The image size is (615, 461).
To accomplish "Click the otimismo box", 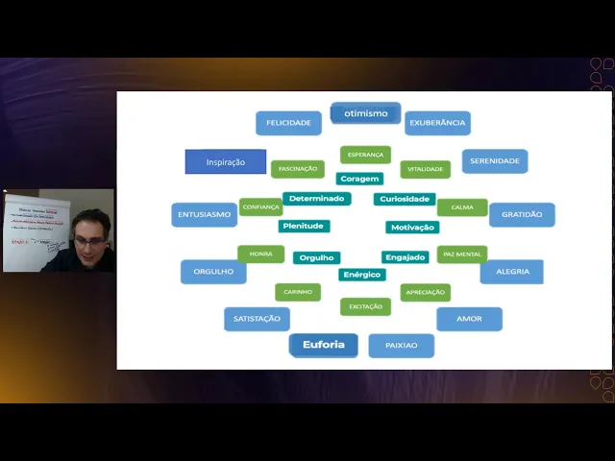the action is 365,113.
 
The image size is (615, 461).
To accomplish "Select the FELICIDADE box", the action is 288,123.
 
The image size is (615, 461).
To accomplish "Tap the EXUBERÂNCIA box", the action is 437,123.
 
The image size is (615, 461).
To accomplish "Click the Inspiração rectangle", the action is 226,162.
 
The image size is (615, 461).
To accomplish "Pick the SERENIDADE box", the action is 495,161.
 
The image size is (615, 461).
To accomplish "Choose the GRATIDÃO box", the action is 522,214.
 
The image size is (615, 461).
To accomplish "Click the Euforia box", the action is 324,345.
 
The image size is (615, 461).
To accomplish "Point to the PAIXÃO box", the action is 401,346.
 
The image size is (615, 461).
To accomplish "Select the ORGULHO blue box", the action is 213,272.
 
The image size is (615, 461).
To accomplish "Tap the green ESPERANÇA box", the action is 365,155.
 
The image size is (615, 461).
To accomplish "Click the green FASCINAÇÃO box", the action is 298,169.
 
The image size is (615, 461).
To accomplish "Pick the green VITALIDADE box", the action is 425,169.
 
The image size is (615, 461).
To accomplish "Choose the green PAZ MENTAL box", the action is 462,255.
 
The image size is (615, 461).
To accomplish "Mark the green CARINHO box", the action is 298,292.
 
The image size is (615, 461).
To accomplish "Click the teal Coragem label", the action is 359,179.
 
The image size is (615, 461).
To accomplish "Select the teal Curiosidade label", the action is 405,199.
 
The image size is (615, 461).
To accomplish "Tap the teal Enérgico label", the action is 362,275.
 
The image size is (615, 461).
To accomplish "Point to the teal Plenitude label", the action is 304,227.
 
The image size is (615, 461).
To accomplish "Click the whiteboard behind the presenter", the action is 34,230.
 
